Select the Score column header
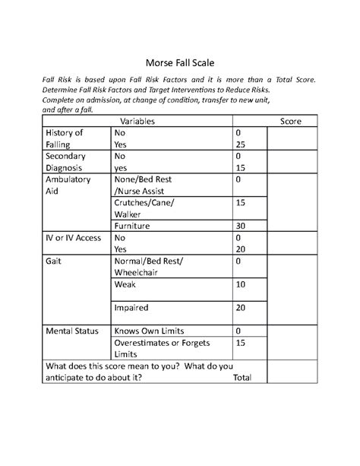pyautogui.click(x=291, y=121)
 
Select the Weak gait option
pyautogui.click(x=125, y=284)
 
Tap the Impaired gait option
pyautogui.click(x=131, y=308)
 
